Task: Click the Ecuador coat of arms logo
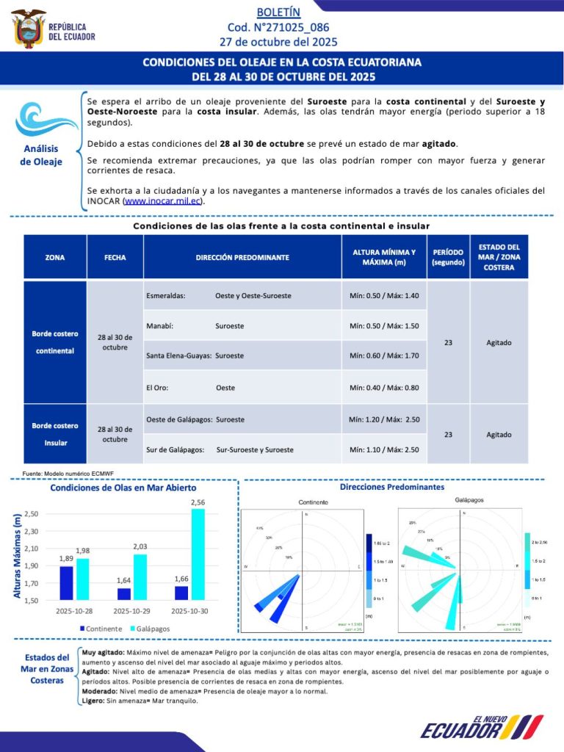[29, 29]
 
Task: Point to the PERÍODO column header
[447, 257]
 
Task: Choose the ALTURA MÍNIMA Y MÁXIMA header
[383, 257]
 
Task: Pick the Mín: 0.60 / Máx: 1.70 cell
[383, 355]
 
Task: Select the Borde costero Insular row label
[54, 434]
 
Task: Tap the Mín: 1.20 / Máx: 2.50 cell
[383, 419]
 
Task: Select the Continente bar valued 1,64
[123, 593]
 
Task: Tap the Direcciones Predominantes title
[391, 487]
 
